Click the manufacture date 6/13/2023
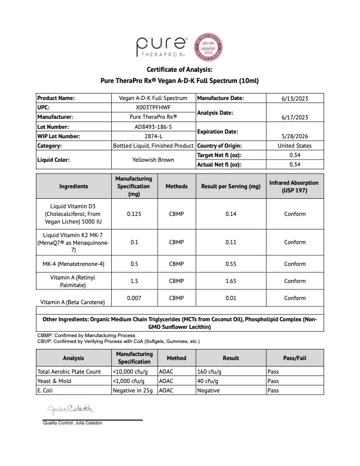click(295, 98)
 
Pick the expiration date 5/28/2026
click(295, 136)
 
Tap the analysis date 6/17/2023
click(295, 117)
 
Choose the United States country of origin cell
click(295, 145)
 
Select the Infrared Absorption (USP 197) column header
click(295, 187)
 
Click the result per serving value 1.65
click(231, 281)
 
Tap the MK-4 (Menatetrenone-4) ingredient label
click(74, 264)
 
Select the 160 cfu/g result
click(208, 372)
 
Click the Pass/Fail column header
click(295, 358)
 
